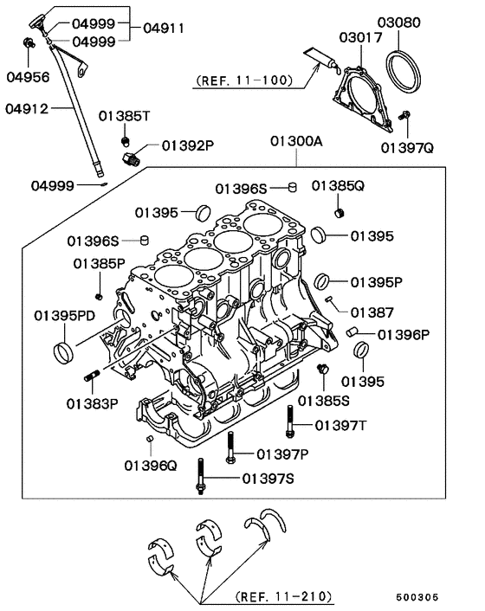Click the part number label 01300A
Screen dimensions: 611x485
(295, 141)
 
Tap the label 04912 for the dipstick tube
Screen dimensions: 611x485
(29, 108)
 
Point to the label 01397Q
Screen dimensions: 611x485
(406, 147)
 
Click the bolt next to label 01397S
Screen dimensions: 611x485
(201, 477)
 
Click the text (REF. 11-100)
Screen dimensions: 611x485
(245, 82)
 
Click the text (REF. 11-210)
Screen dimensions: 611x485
(284, 597)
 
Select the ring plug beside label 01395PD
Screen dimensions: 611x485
(63, 351)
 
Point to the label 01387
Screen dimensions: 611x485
(372, 312)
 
